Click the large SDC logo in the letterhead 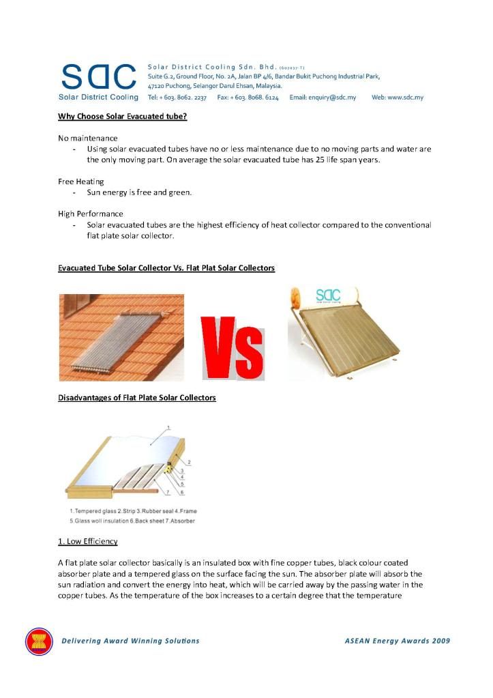98,77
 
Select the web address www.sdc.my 398,98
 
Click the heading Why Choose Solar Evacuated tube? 122,117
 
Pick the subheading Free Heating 80,181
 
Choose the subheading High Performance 90,214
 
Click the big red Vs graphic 232,348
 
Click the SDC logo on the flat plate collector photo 328,296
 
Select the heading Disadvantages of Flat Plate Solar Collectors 136,397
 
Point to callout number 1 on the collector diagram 168,427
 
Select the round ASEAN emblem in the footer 39,641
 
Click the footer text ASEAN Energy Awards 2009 397,641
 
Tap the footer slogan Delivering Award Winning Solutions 130,641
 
